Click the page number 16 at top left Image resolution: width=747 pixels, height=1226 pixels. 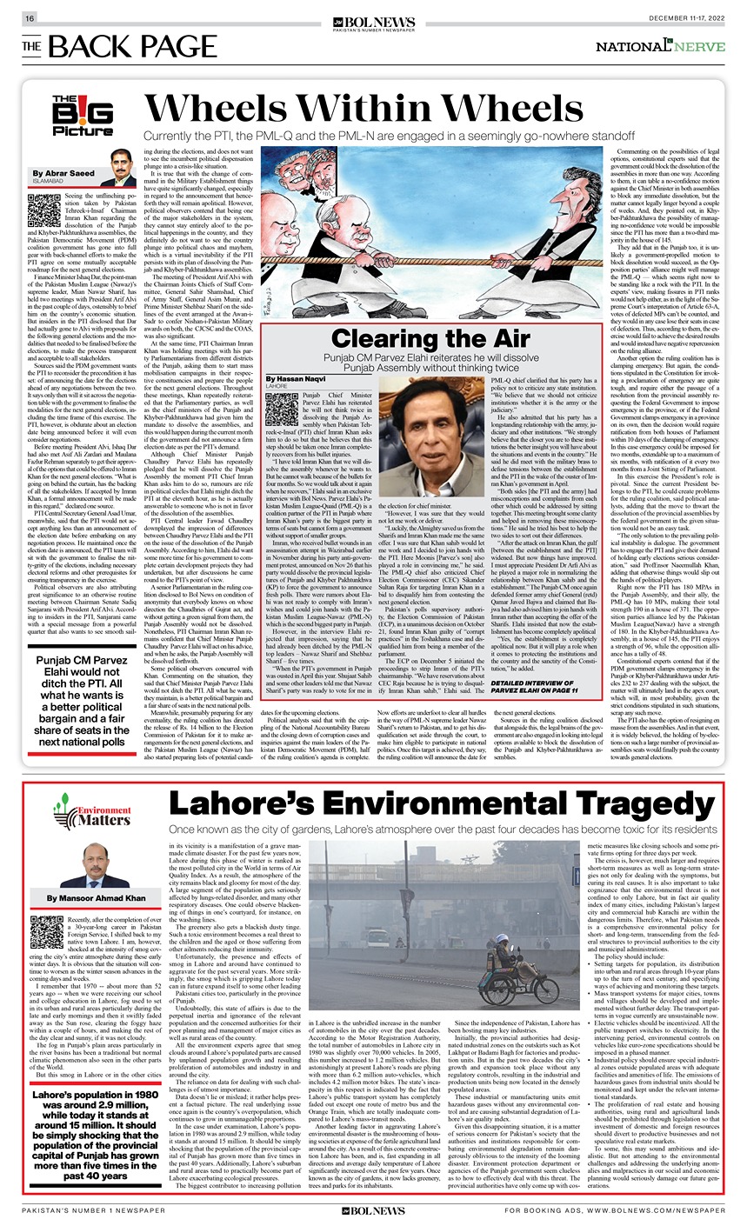(29, 18)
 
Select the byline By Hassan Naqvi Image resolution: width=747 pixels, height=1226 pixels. (297, 379)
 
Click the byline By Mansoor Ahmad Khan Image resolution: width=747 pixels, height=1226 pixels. (97, 897)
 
